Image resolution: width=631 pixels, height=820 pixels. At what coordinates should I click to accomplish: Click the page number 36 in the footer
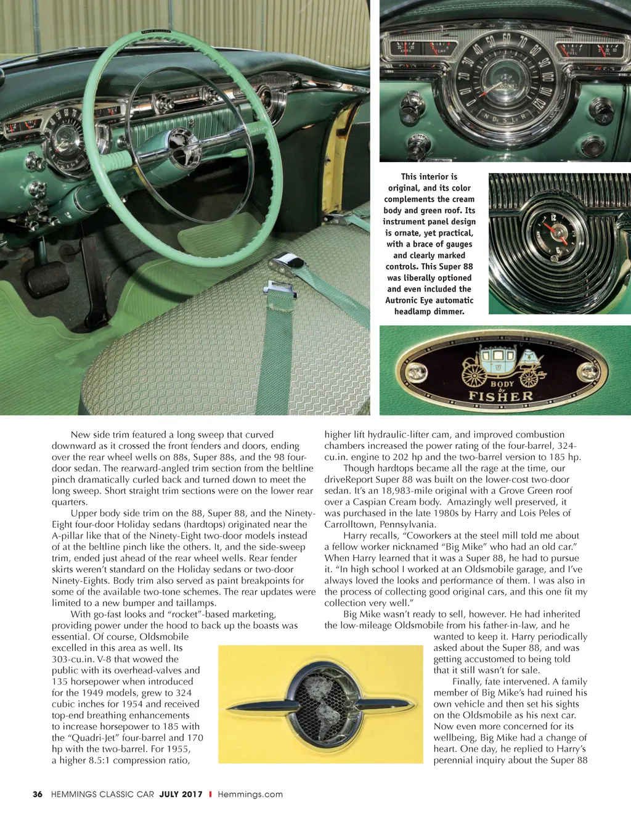tap(38, 794)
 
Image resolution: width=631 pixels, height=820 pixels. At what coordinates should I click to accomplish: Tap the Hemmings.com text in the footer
tap(250, 794)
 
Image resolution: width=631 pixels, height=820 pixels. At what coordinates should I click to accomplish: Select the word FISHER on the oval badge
tap(501, 396)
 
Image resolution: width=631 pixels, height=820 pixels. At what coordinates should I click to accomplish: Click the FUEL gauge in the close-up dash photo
tap(573, 51)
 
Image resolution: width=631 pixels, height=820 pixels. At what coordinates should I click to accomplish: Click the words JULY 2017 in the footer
tap(181, 794)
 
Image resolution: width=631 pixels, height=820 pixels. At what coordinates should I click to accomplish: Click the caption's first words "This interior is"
tap(429, 176)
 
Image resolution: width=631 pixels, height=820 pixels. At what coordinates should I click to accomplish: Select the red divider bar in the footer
tap(210, 794)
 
